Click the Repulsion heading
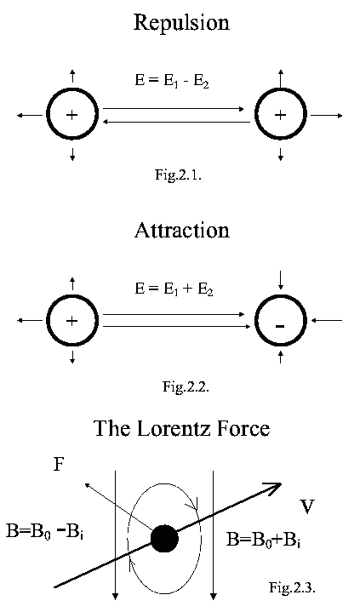click(181, 24)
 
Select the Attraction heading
click(182, 230)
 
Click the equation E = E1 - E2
click(172, 81)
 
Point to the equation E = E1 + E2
click(174, 289)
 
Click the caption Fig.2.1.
click(178, 174)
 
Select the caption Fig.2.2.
click(186, 386)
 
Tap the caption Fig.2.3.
click(292, 586)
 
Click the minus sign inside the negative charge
click(280, 326)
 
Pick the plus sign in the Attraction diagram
click(71, 321)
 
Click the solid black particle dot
click(165, 539)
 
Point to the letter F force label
click(58, 465)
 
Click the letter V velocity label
click(307, 506)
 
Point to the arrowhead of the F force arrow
click(88, 485)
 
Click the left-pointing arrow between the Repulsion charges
click(175, 123)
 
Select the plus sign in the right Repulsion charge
click(280, 115)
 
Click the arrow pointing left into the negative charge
click(327, 321)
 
